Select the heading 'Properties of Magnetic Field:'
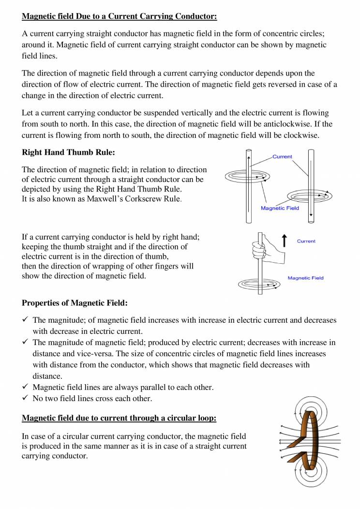75,303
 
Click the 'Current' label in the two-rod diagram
282,157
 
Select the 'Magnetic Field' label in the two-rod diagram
280,209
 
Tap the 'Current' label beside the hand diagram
306,241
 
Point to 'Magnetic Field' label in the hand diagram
305,278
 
